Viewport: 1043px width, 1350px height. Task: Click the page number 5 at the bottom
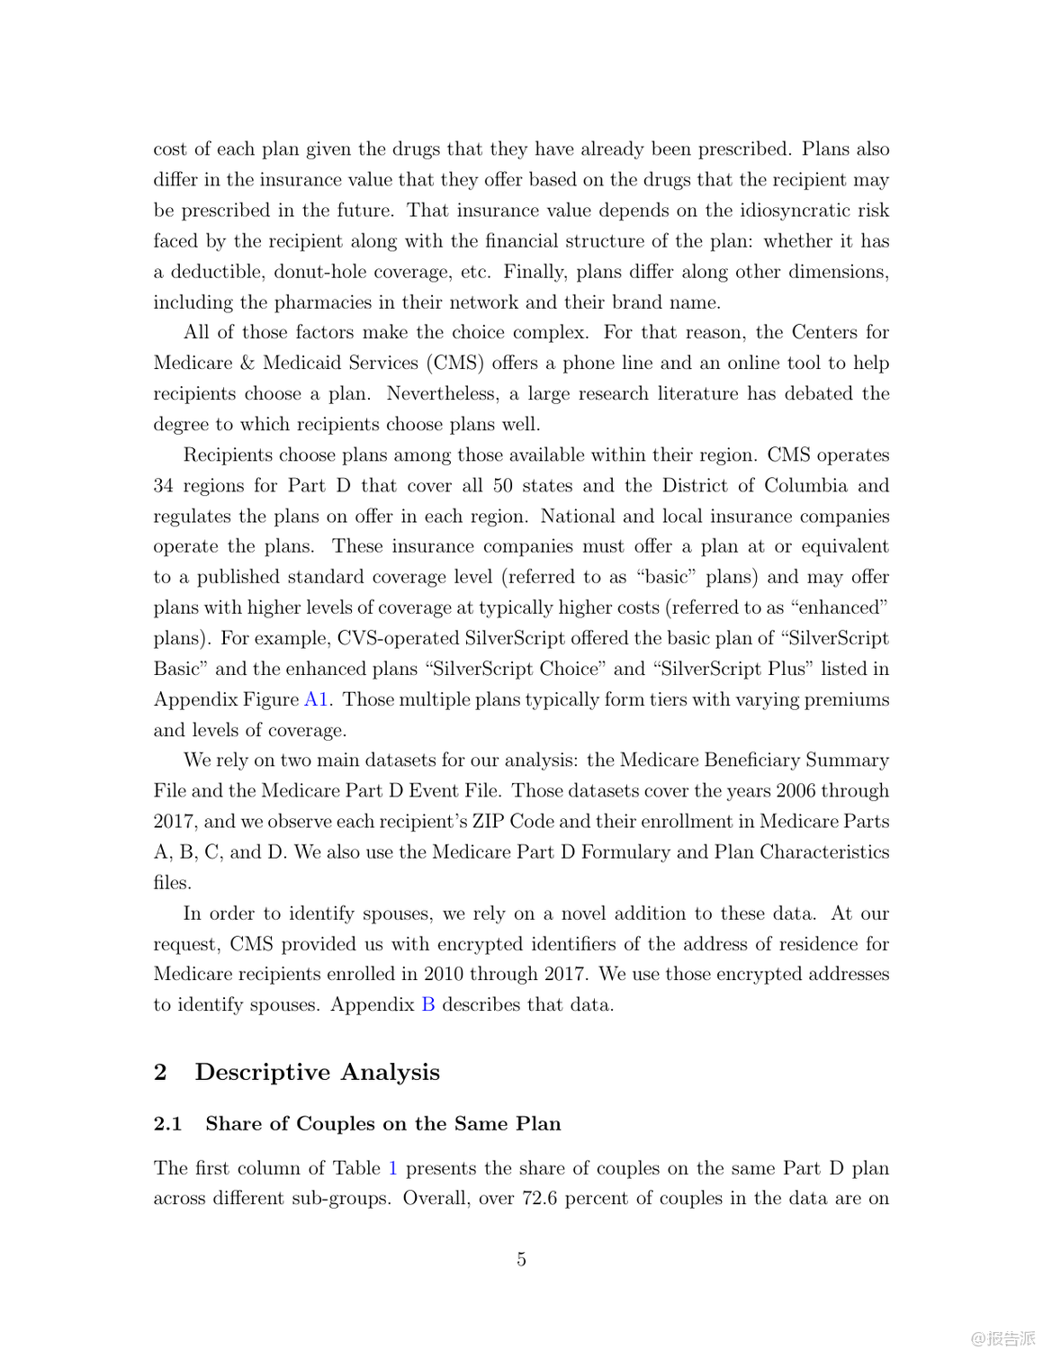point(521,1259)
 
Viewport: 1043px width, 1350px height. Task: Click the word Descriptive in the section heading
point(264,1072)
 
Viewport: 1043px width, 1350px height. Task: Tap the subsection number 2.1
point(167,1123)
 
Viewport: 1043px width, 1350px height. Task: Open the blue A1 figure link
point(316,699)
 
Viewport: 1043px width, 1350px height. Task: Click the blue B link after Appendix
point(428,1004)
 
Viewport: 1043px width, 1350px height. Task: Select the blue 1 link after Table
point(392,1168)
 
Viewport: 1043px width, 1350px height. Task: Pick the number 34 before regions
point(163,485)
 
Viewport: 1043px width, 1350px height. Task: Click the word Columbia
point(805,485)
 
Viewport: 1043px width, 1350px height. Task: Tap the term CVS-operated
point(398,638)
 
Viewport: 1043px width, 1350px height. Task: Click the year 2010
point(445,974)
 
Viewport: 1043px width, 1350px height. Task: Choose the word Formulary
point(629,851)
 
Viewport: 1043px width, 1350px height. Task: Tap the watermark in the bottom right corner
point(1003,1338)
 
